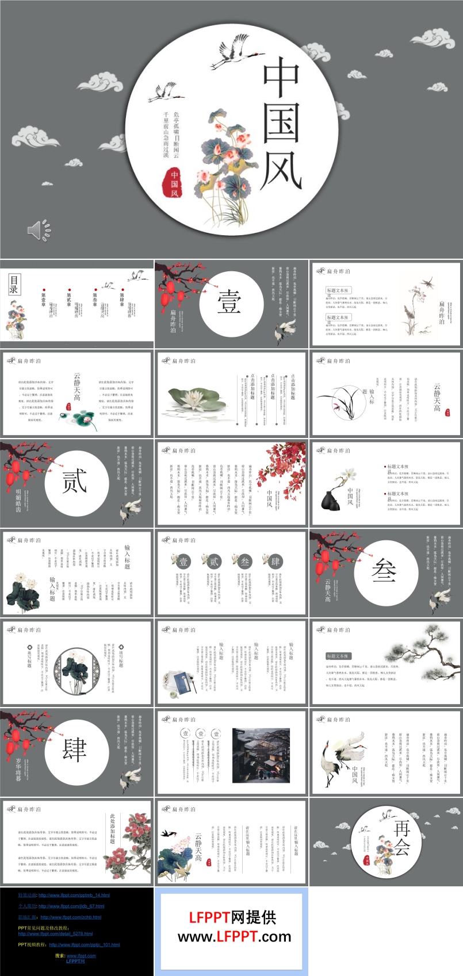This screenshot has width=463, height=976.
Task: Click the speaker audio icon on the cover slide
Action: [x=39, y=230]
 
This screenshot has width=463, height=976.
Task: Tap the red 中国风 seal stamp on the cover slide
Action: [x=174, y=183]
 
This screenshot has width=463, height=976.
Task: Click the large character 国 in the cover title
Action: [x=282, y=123]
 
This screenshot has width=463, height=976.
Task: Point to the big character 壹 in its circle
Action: [x=228, y=302]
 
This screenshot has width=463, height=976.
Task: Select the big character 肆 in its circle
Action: [x=74, y=750]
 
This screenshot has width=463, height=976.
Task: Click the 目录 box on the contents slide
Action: [x=14, y=285]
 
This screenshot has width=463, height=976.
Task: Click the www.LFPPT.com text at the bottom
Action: [x=234, y=937]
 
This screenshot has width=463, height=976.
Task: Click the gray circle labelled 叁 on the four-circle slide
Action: [x=245, y=561]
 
